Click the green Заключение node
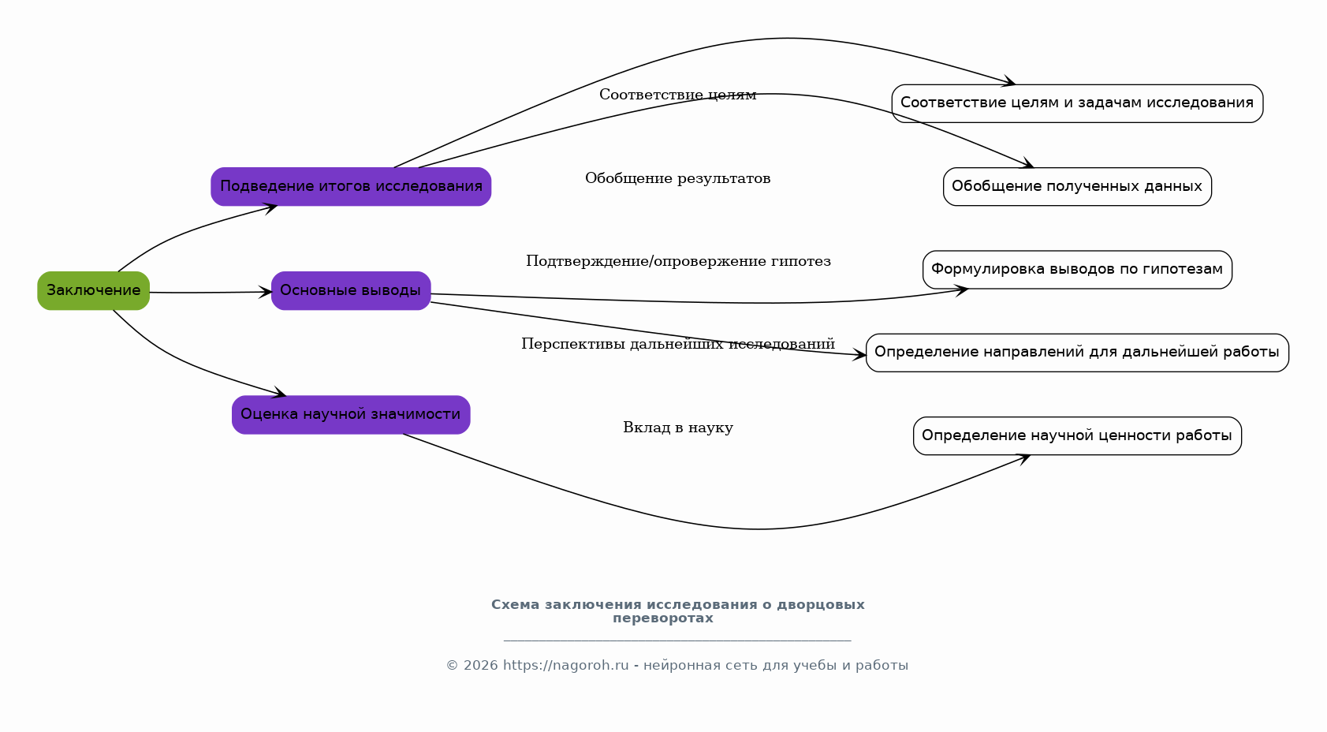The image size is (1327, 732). coord(93,290)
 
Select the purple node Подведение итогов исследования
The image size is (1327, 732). coord(351,186)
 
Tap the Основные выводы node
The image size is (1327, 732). coord(351,290)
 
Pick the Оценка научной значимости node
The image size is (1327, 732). coord(351,414)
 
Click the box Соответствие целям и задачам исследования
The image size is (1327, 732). coord(1077,103)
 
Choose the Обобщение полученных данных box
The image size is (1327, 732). coord(1077,186)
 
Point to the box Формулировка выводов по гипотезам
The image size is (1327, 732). coord(1077,270)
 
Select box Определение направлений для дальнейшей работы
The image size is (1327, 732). coord(1077,353)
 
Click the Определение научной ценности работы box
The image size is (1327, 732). coord(1077,435)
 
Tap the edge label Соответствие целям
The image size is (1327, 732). coord(677,95)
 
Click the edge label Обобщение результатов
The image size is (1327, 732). coord(677,178)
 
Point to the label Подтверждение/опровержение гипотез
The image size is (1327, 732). coord(678,261)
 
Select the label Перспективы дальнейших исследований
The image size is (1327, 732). coord(677,344)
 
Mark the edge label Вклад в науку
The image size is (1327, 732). coord(677,428)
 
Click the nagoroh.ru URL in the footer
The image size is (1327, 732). coord(565,665)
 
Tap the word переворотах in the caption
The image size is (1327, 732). coord(662,618)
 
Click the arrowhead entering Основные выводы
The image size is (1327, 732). coord(267,292)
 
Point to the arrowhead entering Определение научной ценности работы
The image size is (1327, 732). coord(1025,458)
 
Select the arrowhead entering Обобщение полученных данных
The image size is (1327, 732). coord(1028,165)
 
